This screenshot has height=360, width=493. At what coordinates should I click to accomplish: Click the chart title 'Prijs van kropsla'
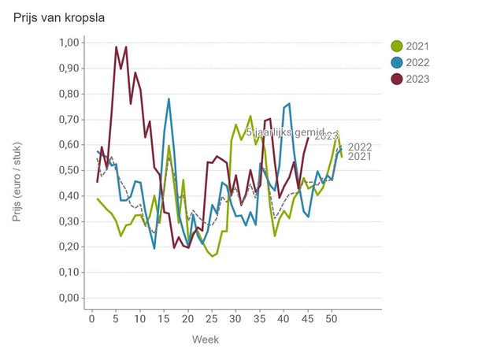coord(59,17)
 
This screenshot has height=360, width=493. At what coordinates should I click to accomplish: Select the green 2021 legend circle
coord(398,46)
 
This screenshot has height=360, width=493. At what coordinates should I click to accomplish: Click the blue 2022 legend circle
coord(398,62)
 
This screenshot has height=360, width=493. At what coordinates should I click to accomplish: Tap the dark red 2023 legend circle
coord(398,78)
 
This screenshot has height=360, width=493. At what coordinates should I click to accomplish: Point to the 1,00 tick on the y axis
coord(70,43)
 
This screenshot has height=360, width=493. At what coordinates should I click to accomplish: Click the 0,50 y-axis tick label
coord(70,170)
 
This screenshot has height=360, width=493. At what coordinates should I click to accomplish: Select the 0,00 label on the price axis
coord(70,299)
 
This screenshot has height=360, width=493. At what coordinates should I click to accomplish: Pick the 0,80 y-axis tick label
coord(70,94)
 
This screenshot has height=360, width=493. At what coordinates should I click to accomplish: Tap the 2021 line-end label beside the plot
coord(359,157)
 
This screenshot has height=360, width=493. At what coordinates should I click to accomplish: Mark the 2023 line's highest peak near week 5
coord(117,47)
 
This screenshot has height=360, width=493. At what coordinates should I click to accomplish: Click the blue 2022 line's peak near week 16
coord(169,99)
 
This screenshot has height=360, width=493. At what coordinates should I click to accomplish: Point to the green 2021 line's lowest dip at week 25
coord(213,256)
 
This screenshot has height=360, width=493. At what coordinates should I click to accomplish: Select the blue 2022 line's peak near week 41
coord(289,103)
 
